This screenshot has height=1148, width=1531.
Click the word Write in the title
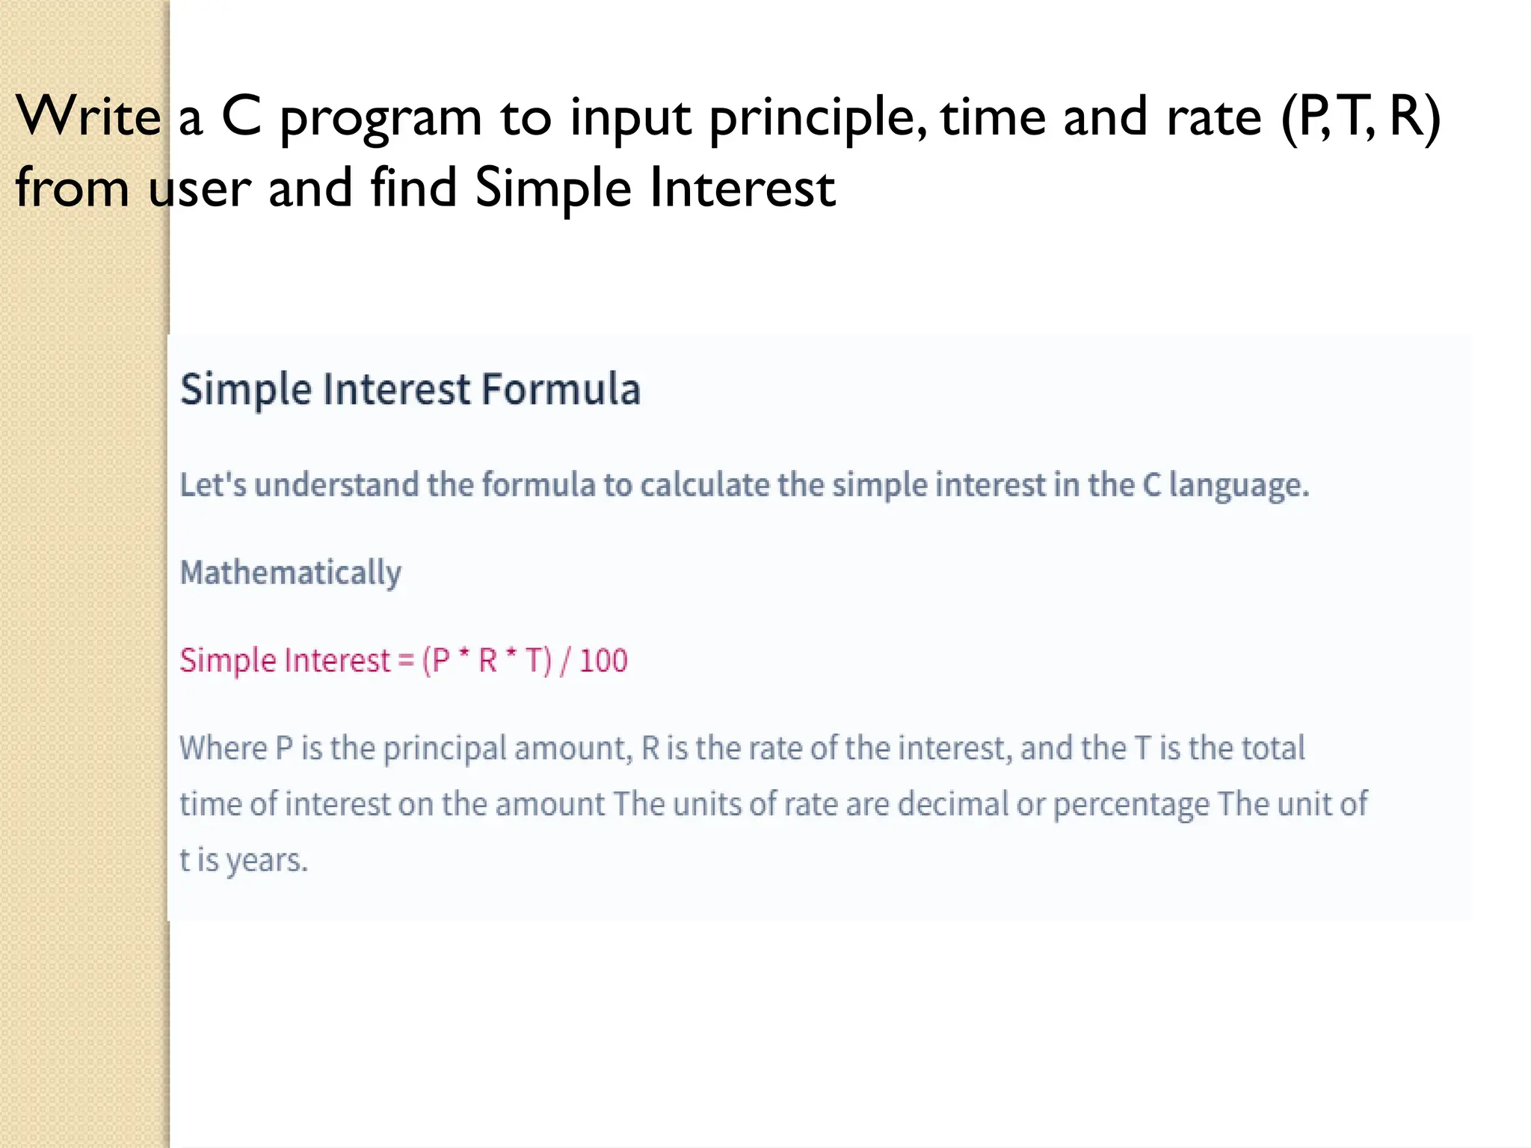88,117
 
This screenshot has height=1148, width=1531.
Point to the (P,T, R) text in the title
1361,117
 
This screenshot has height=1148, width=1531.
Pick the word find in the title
413,187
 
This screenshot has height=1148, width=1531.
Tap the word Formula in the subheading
561,389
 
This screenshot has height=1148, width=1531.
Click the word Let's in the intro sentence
213,485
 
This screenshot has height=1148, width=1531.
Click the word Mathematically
291,573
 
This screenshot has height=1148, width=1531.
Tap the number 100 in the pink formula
603,661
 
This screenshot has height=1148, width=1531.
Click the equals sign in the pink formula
405,661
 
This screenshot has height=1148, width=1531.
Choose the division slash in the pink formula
565,661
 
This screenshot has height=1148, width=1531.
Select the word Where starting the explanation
223,748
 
